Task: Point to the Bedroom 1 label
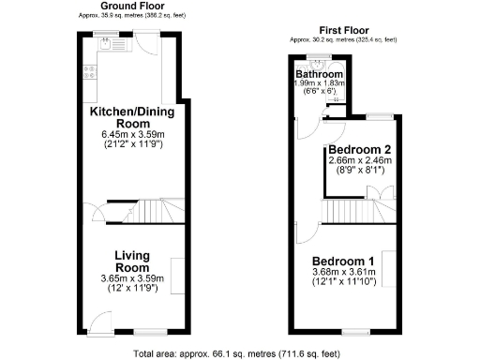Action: tap(344, 261)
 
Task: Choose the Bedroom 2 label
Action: tap(359, 148)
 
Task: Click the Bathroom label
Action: tap(319, 74)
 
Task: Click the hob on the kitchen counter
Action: tap(90, 70)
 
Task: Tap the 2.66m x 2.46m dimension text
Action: tap(359, 160)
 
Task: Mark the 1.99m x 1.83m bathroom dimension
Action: tap(319, 84)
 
